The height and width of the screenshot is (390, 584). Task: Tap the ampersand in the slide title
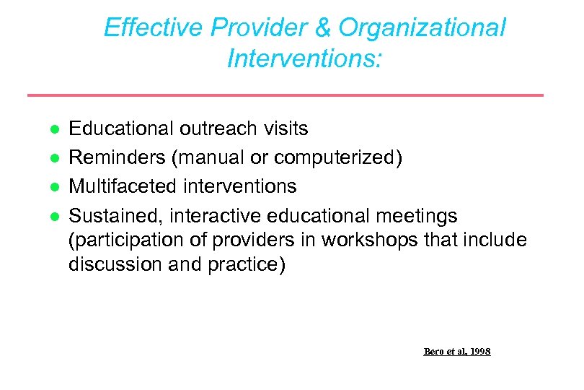[324, 28]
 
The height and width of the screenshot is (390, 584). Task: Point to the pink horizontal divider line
[285, 95]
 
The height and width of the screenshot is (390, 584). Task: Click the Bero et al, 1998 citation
[456, 352]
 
